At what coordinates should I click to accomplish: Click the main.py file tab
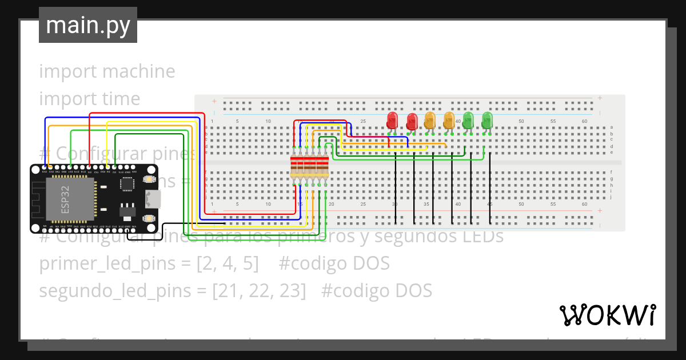[x=87, y=26]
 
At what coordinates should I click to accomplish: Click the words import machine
[x=107, y=71]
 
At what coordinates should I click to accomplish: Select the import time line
[x=90, y=99]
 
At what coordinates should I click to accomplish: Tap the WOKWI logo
[x=607, y=315]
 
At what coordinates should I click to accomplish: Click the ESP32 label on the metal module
[x=65, y=200]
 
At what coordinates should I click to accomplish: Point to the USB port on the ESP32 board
[x=154, y=199]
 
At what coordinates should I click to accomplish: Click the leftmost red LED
[x=392, y=121]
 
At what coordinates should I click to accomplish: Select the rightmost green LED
[x=487, y=121]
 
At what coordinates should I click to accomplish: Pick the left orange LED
[x=430, y=121]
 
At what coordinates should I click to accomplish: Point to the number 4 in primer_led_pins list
[x=228, y=263]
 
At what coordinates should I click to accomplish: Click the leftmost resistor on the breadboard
[x=294, y=166]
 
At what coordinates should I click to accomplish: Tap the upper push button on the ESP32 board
[x=148, y=179]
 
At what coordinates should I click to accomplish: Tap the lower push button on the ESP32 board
[x=148, y=218]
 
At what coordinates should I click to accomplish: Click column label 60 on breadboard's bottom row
[x=585, y=204]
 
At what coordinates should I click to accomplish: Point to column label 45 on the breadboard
[x=489, y=204]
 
